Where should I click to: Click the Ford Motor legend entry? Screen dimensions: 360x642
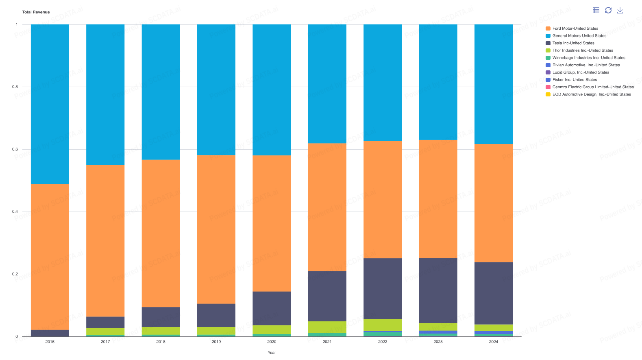coord(575,28)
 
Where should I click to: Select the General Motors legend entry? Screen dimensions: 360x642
coord(579,36)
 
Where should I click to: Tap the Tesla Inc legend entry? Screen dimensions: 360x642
coord(573,43)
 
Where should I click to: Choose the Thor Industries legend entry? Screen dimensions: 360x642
coord(582,50)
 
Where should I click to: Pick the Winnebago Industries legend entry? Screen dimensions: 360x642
coord(588,58)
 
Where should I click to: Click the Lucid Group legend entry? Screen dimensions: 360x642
coord(581,72)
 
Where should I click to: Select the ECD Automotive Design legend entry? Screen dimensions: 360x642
coord(591,94)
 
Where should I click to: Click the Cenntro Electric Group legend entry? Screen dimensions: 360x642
coord(593,87)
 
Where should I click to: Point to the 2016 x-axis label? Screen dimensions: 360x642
coord(50,342)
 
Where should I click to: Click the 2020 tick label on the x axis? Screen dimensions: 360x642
coord(272,342)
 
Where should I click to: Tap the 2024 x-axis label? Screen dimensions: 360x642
coord(493,342)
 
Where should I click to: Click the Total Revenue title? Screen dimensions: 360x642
coord(36,12)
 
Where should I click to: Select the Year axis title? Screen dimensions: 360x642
coord(272,353)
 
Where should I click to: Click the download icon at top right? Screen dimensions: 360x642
coord(620,10)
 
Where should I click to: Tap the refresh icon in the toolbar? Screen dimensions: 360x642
coord(608,10)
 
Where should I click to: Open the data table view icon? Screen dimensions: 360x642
coord(596,10)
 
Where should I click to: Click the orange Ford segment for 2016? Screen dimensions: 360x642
coord(50,256)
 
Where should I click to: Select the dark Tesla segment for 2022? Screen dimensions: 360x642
coord(383,288)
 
